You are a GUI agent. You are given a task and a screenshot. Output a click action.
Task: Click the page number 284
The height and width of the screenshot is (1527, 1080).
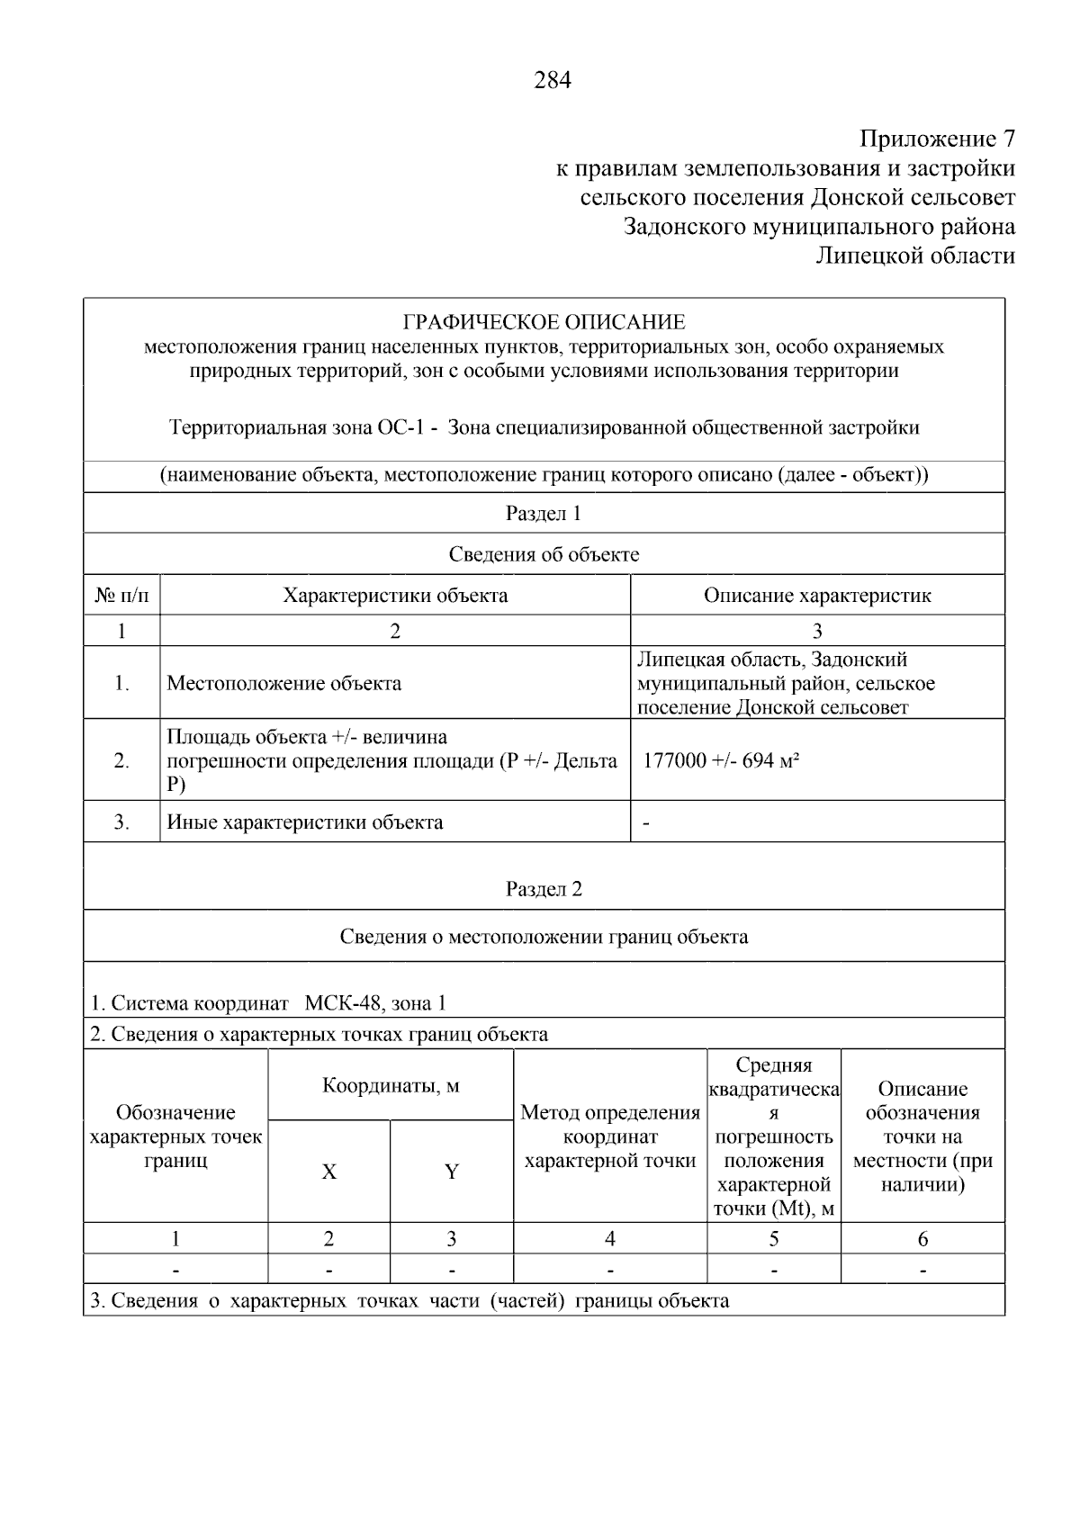[553, 81]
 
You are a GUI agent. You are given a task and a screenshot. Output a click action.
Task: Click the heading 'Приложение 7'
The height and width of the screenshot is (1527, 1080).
[937, 139]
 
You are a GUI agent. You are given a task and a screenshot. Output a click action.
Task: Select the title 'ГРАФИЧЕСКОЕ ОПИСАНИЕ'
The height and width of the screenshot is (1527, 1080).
[544, 322]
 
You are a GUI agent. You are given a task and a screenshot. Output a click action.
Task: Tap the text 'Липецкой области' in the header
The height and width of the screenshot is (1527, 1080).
[915, 256]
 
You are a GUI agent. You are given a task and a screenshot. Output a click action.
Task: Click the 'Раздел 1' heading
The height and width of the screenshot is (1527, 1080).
[544, 513]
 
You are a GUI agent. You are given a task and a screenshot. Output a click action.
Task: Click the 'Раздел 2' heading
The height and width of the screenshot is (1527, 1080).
[544, 889]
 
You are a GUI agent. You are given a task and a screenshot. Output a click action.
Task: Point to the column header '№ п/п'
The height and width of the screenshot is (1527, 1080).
[121, 595]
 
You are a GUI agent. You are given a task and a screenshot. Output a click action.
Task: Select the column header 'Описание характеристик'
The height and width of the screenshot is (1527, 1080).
[817, 595]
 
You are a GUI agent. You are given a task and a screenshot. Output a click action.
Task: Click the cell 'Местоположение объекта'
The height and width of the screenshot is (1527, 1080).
[284, 683]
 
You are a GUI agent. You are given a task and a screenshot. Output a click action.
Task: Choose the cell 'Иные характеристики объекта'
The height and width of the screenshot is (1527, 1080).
[305, 822]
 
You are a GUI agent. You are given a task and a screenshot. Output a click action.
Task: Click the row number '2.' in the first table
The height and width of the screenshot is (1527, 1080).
[121, 760]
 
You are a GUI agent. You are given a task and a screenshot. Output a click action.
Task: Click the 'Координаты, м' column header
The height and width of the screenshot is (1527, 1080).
[391, 1085]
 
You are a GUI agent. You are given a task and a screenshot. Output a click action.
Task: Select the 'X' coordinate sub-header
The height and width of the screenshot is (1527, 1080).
[329, 1172]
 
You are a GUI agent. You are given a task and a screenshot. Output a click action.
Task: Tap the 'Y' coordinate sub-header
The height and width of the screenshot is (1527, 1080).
[452, 1172]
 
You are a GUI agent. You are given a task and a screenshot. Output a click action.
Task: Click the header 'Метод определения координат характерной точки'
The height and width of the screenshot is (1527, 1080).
[610, 1136]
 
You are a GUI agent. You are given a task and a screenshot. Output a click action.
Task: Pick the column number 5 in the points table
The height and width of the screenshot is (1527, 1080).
[774, 1239]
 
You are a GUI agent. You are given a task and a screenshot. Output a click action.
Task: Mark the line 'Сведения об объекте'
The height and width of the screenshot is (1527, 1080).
[544, 554]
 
